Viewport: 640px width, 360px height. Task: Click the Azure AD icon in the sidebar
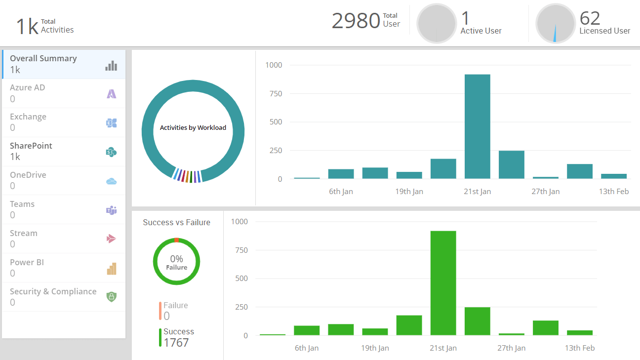click(x=112, y=93)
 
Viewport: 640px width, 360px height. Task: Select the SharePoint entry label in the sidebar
click(x=31, y=146)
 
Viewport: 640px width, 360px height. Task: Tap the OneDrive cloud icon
click(x=112, y=181)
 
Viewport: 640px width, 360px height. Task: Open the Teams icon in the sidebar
click(x=112, y=210)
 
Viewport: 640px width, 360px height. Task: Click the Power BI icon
click(x=112, y=269)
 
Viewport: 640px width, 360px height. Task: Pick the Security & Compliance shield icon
click(x=112, y=297)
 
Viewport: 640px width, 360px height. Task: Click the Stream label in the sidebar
click(x=24, y=233)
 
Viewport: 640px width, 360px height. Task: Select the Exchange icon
click(x=112, y=122)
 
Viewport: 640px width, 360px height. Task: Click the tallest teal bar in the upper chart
click(x=478, y=126)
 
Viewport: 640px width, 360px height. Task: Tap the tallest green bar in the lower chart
click(x=443, y=283)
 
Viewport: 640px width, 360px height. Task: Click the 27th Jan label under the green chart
click(x=511, y=348)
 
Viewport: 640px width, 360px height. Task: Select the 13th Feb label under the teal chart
click(x=614, y=192)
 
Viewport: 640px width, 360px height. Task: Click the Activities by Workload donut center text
click(x=193, y=127)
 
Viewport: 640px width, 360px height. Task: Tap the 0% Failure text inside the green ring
click(x=176, y=262)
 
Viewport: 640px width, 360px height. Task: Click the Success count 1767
click(x=176, y=342)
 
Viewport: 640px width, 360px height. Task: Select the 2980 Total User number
click(x=356, y=21)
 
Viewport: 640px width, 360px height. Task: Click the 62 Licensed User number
click(x=590, y=18)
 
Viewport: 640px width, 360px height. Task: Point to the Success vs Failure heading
click(x=176, y=222)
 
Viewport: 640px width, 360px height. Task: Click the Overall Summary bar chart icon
click(x=111, y=65)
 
